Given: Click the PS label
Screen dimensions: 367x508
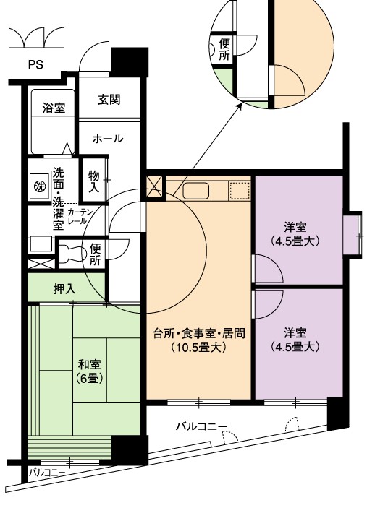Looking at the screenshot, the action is point(35,64).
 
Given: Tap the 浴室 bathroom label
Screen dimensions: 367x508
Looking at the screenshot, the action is point(54,108).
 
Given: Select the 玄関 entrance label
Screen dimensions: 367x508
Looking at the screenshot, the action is point(109,100).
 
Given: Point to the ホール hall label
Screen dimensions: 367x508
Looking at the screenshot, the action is point(108,139).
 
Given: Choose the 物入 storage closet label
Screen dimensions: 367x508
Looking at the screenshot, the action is point(94,182).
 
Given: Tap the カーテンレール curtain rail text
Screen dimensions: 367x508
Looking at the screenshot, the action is point(80,217).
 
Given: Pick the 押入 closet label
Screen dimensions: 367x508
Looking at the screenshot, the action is point(65,288).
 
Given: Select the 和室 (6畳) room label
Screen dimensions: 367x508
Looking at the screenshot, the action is point(90,371).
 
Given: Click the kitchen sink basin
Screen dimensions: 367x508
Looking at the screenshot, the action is point(195,191).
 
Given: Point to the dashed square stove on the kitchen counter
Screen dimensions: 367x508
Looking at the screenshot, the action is point(240,191).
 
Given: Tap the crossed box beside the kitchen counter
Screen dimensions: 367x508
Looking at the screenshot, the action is point(154,187).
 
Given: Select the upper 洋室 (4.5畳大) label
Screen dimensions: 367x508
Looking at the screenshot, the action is point(295,234).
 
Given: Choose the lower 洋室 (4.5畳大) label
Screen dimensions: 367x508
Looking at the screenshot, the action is point(295,340).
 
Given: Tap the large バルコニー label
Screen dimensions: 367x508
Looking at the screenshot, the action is point(201,426).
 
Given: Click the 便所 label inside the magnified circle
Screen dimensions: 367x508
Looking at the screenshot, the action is point(224,49).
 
